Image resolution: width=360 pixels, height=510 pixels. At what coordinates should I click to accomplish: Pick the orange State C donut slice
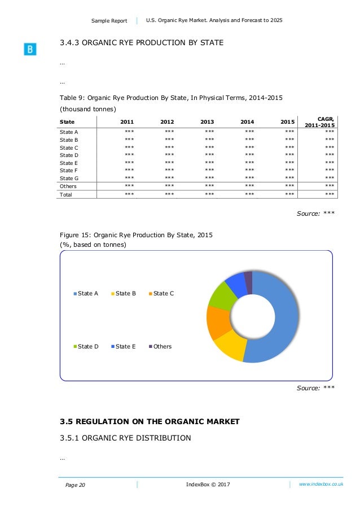217,322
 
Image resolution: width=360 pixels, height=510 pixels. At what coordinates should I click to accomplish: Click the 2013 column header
207,122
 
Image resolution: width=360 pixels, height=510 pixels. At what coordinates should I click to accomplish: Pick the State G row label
69,177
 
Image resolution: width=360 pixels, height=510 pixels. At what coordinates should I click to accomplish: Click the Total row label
66,194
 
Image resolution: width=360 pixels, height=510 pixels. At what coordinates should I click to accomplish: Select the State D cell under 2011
129,155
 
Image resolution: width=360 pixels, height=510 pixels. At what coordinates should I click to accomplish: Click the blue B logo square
30,50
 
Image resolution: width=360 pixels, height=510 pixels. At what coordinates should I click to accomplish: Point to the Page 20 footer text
76,485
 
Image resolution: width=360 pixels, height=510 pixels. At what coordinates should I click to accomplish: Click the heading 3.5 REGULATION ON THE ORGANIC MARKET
150,421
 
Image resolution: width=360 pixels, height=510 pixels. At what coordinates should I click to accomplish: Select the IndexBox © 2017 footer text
208,485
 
